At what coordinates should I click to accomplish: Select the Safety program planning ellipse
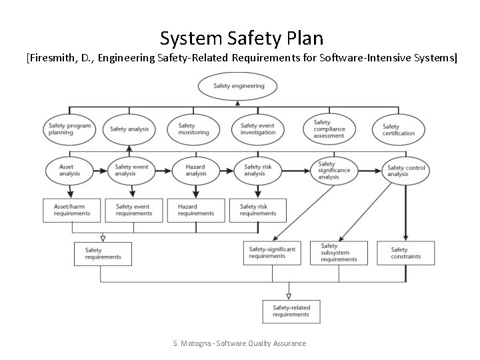click(70, 129)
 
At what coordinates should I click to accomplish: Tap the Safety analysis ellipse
click(130, 129)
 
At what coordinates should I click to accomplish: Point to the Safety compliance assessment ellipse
click(329, 129)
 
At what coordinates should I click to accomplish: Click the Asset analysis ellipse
click(70, 170)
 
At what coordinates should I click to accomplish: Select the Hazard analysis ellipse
click(196, 170)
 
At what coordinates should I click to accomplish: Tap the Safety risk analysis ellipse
click(256, 170)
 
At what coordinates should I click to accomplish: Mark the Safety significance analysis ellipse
click(333, 171)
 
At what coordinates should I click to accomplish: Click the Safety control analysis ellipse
click(406, 171)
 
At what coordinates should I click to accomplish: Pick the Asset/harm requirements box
click(71, 210)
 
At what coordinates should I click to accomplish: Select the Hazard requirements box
click(196, 210)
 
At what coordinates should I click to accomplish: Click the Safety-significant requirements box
click(271, 253)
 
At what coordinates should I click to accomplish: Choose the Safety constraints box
click(406, 253)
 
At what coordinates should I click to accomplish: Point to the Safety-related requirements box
click(291, 311)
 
